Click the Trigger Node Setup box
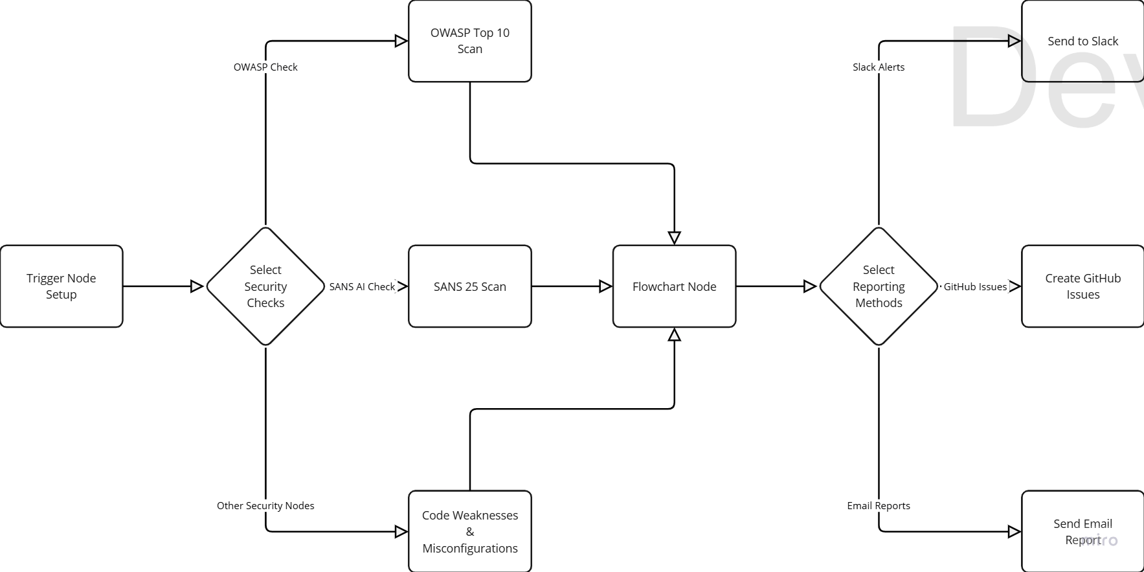click(x=62, y=286)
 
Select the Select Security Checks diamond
click(x=265, y=286)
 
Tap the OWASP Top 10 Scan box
click(x=470, y=41)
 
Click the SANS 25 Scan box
click(x=470, y=286)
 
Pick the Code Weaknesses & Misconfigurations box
click(x=470, y=531)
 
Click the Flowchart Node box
click(x=674, y=286)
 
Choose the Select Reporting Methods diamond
click(x=879, y=286)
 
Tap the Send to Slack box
click(x=1082, y=41)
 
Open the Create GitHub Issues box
click(x=1082, y=286)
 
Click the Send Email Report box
click(x=1082, y=531)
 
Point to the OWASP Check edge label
click(x=265, y=67)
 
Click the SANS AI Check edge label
click(x=362, y=286)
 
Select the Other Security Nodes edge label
click(x=265, y=506)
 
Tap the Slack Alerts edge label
click(x=879, y=67)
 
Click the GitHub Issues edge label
click(x=975, y=286)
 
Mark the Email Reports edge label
click(x=879, y=506)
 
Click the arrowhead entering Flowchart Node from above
click(x=674, y=238)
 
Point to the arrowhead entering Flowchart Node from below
click(x=674, y=334)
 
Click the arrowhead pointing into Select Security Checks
click(x=197, y=286)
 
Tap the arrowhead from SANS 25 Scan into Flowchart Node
click(x=605, y=286)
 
